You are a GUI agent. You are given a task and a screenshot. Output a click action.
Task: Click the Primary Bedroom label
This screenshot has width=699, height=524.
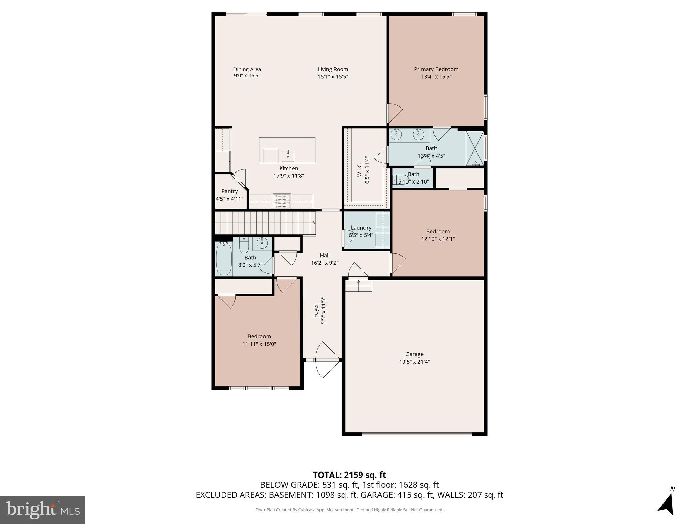(436, 69)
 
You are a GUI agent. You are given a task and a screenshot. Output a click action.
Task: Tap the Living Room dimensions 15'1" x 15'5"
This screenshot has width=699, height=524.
(333, 77)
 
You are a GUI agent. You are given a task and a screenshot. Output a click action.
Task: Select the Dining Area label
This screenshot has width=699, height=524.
(247, 69)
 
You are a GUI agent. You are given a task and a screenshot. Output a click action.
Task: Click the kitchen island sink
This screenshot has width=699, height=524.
(288, 156)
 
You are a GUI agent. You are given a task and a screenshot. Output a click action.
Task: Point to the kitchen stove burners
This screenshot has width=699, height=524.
(282, 201)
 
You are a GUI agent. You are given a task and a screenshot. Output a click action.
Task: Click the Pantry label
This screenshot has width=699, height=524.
(229, 191)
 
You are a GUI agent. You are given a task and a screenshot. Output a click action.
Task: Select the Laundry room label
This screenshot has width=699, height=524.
(361, 228)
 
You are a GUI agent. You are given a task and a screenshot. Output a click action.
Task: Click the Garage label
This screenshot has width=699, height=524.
(414, 354)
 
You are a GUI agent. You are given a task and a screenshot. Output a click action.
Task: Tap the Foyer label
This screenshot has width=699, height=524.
(316, 310)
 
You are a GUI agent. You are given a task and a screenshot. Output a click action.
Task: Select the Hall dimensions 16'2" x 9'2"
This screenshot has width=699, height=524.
(325, 263)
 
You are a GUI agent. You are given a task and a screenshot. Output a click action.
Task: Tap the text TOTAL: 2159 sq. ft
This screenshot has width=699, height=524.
(349, 475)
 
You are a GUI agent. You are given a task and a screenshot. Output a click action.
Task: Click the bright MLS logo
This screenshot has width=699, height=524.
(43, 510)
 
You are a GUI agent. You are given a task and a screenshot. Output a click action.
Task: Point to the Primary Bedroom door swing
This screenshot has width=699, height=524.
(395, 113)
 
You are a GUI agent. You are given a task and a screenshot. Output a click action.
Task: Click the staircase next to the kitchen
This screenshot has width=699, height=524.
(266, 222)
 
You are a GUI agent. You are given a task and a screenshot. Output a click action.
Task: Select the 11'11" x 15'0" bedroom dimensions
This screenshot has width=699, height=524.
(259, 344)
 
